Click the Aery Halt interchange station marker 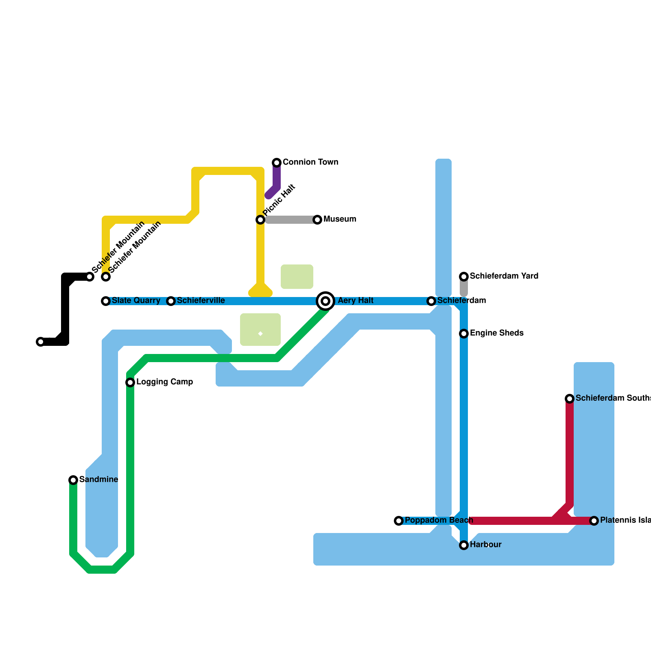[325, 301]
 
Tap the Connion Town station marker [277, 163]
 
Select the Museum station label [340, 219]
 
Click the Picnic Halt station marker [260, 220]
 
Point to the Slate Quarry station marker [106, 301]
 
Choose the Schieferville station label [201, 301]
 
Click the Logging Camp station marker [130, 382]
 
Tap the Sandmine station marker [73, 480]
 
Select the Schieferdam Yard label [504, 276]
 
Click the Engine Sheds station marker [464, 334]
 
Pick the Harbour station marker [464, 545]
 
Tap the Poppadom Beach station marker [399, 521]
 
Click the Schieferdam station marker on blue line [431, 301]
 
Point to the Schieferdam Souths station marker [570, 399]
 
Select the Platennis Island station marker [594, 521]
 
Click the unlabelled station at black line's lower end [41, 342]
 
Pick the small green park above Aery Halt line [297, 277]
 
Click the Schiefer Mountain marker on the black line [90, 277]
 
